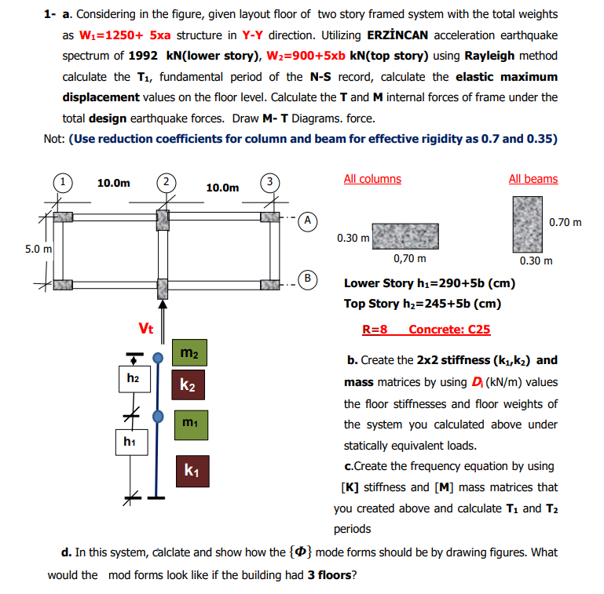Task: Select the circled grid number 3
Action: [x=269, y=183]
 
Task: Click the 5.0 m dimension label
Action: [x=38, y=249]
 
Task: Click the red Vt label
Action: [x=145, y=328]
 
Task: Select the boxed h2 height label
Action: [x=133, y=378]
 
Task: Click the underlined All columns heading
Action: [x=372, y=179]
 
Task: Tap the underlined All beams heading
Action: [x=533, y=179]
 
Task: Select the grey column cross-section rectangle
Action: [x=404, y=235]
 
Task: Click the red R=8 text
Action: [x=375, y=329]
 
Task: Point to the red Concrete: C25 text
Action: [x=449, y=329]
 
